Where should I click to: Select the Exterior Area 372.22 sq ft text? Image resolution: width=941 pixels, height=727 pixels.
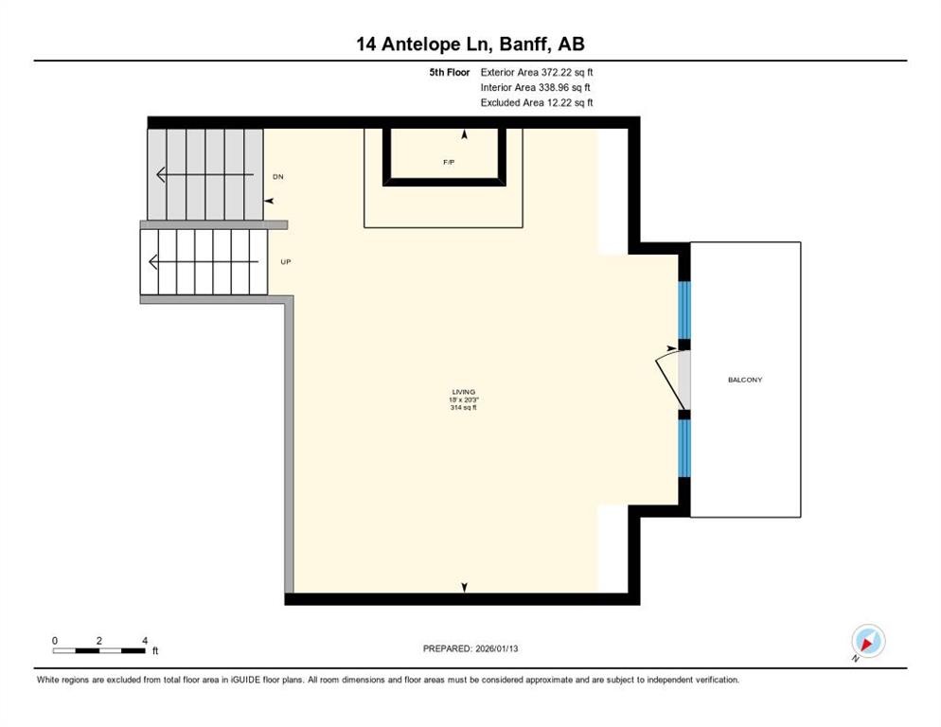[x=537, y=72]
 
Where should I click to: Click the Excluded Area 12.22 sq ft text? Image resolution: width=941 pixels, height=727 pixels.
[x=537, y=102]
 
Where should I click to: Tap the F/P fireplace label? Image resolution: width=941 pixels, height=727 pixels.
[x=449, y=162]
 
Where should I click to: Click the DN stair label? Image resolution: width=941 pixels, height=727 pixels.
[x=277, y=177]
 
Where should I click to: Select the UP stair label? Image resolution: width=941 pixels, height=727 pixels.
[x=285, y=261]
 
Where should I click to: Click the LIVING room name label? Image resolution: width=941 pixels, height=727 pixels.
[x=463, y=392]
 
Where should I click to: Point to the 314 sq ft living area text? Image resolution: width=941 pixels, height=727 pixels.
[x=463, y=407]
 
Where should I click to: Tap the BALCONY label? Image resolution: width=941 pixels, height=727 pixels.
[x=745, y=380]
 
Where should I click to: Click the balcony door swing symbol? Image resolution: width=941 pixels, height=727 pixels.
[x=671, y=379]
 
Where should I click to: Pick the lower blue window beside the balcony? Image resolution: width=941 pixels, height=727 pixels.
[x=685, y=448]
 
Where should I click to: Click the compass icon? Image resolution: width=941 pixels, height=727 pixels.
[x=867, y=641]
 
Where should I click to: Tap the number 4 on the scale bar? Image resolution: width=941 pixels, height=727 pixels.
[x=144, y=641]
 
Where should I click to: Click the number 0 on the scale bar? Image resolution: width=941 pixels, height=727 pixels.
[x=55, y=641]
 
